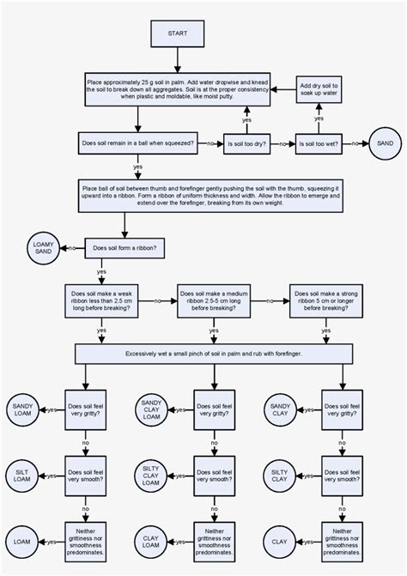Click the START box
pyautogui.click(x=177, y=33)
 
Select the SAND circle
pyautogui.click(x=386, y=142)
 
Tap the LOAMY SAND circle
pyautogui.click(x=43, y=249)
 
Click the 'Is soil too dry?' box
pyautogui.click(x=246, y=142)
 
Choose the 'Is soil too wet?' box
pyautogui.click(x=319, y=142)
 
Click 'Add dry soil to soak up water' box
pyautogui.click(x=319, y=90)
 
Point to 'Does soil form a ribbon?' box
pyautogui.click(x=125, y=249)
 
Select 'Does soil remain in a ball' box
pyautogui.click(x=137, y=142)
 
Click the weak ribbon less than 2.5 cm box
pyautogui.click(x=102, y=300)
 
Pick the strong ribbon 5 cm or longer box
pyautogui.click(x=325, y=300)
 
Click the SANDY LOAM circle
pyautogui.click(x=21, y=409)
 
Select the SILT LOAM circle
pyautogui.click(x=21, y=475)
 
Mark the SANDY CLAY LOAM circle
pyautogui.click(x=151, y=409)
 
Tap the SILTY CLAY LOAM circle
pyautogui.click(x=151, y=475)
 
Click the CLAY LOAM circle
pyautogui.click(x=151, y=541)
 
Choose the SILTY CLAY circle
pyautogui.click(x=279, y=475)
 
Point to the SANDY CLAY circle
pyautogui.click(x=279, y=409)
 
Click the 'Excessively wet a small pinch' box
pyautogui.click(x=213, y=353)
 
